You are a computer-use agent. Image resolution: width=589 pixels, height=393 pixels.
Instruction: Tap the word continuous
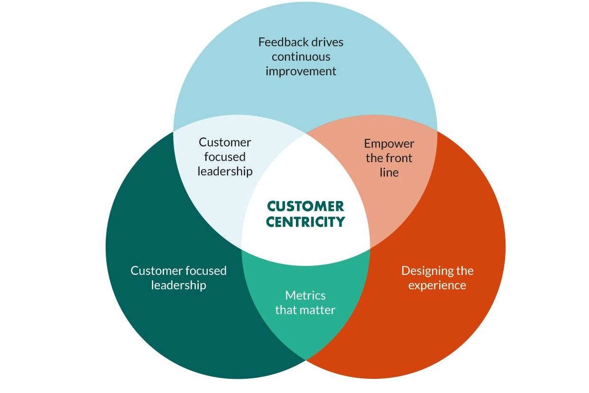pyautogui.click(x=301, y=57)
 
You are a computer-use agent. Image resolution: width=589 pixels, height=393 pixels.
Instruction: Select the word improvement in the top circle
pyautogui.click(x=301, y=72)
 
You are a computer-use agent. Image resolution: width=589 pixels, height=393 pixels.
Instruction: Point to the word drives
pyautogui.click(x=327, y=42)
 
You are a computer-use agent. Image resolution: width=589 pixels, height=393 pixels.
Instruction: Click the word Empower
pyautogui.click(x=389, y=144)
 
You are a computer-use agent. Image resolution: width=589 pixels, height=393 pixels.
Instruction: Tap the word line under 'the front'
pyautogui.click(x=389, y=173)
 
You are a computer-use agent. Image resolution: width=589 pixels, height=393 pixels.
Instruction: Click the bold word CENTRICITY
pyautogui.click(x=305, y=222)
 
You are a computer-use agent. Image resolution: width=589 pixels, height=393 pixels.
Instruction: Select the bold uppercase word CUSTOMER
pyautogui.click(x=305, y=206)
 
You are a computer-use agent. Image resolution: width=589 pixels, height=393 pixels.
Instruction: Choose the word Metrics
pyautogui.click(x=305, y=295)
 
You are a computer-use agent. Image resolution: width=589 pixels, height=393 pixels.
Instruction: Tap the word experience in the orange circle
pyautogui.click(x=437, y=286)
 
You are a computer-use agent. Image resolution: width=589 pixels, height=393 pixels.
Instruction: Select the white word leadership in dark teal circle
pyautogui.click(x=179, y=285)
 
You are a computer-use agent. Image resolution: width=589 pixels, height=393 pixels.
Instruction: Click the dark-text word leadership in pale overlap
pyautogui.click(x=225, y=172)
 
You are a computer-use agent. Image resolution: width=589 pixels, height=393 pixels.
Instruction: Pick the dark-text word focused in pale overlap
pyautogui.click(x=225, y=157)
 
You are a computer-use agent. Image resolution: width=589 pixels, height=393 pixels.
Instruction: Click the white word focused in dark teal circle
pyautogui.click(x=206, y=271)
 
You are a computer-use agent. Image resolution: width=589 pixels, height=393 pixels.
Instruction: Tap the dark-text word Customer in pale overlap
pyautogui.click(x=225, y=143)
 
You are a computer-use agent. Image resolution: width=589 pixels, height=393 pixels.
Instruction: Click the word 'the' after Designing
pyautogui.click(x=464, y=271)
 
